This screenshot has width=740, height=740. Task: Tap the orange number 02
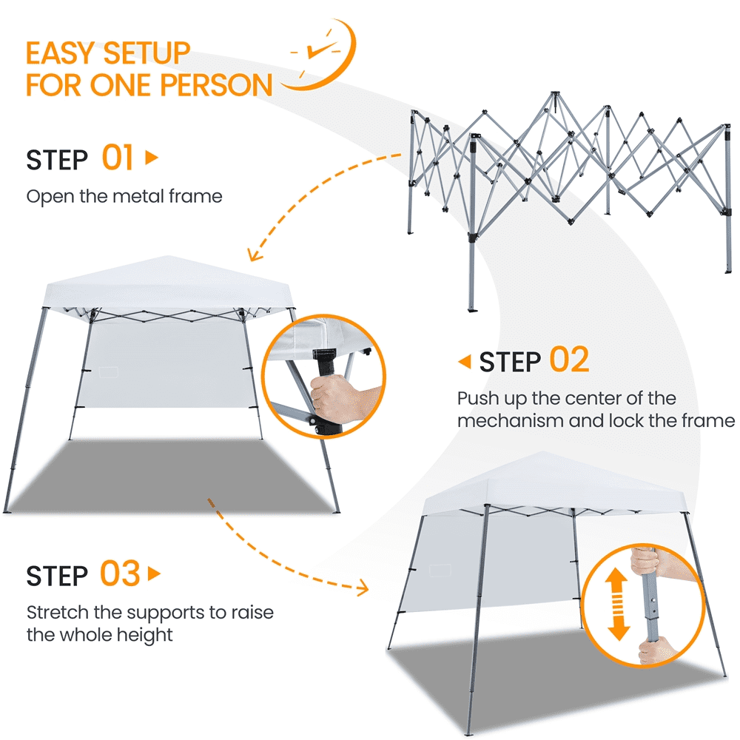(569, 360)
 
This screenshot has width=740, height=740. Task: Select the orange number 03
(120, 573)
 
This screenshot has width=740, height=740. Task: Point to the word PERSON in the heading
(217, 85)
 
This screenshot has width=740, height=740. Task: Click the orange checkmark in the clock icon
(321, 49)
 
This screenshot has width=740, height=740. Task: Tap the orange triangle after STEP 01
(152, 157)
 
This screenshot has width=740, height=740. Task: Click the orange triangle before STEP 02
(465, 362)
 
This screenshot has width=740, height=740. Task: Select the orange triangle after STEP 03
(155, 574)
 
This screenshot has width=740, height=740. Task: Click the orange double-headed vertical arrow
(618, 604)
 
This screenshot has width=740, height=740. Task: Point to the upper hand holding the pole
(647, 562)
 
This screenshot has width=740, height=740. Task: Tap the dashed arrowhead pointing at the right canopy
(363, 588)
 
